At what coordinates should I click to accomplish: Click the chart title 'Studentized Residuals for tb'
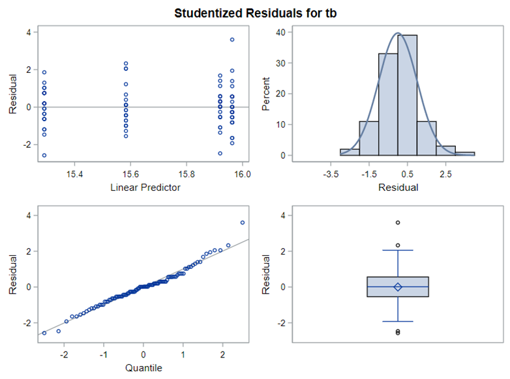click(x=255, y=12)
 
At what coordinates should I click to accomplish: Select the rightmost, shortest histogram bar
click(x=464, y=154)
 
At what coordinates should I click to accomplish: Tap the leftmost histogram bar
click(x=350, y=152)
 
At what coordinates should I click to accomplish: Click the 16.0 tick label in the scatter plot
click(x=243, y=175)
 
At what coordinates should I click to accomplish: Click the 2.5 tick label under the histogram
click(x=445, y=175)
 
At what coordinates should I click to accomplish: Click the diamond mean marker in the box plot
click(x=398, y=287)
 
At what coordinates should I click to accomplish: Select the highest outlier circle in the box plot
click(x=398, y=223)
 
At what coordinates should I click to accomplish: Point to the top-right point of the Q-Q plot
click(x=243, y=223)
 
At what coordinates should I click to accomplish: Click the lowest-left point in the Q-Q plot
click(x=44, y=333)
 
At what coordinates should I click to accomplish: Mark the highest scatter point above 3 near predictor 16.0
click(x=232, y=40)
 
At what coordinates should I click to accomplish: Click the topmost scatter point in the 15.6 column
click(x=126, y=64)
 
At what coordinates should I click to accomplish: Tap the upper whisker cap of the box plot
click(x=398, y=250)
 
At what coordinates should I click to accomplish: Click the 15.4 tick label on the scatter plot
click(x=74, y=175)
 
